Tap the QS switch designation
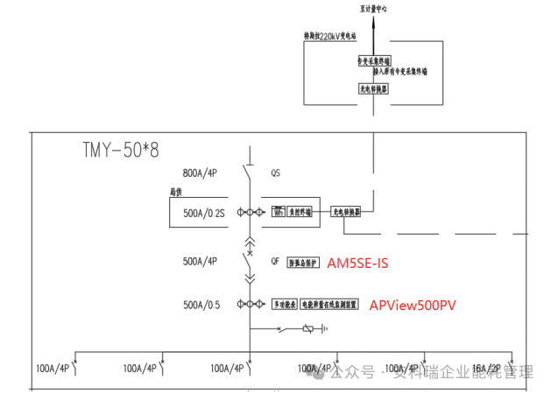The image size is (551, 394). click(x=276, y=173)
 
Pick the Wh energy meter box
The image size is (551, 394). click(x=278, y=212)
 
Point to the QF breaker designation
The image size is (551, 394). click(x=276, y=260)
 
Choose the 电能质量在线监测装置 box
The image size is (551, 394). click(x=329, y=305)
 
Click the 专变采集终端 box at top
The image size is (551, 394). click(x=372, y=61)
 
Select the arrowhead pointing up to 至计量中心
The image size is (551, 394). click(x=373, y=22)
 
